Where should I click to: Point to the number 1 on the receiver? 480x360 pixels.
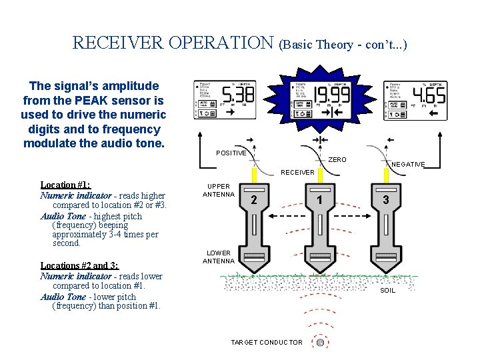click(320, 199)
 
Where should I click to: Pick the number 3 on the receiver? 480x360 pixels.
click(385, 199)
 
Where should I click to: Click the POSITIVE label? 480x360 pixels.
click(231, 153)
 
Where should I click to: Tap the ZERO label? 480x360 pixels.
click(337, 160)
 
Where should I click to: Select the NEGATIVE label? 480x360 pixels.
click(408, 164)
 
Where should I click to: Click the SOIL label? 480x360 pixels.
click(387, 290)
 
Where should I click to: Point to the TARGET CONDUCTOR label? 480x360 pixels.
click(266, 343)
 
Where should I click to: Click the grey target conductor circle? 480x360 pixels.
click(320, 343)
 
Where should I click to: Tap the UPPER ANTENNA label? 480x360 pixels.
click(219, 191)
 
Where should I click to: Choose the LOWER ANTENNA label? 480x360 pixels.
click(219, 257)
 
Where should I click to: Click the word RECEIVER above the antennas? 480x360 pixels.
click(297, 172)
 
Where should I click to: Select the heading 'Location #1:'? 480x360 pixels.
click(65, 185)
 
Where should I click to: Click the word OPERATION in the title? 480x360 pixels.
click(221, 43)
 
